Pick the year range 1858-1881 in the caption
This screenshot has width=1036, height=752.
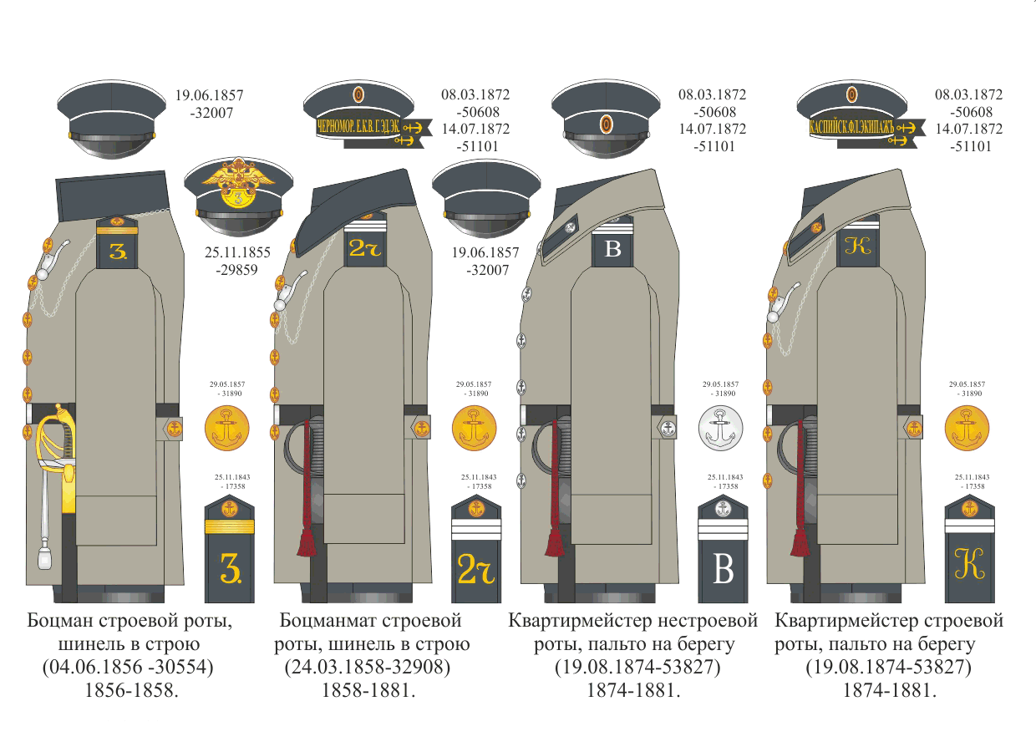click(368, 691)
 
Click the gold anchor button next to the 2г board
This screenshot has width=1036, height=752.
click(474, 429)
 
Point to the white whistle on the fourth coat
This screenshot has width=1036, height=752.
click(774, 305)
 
